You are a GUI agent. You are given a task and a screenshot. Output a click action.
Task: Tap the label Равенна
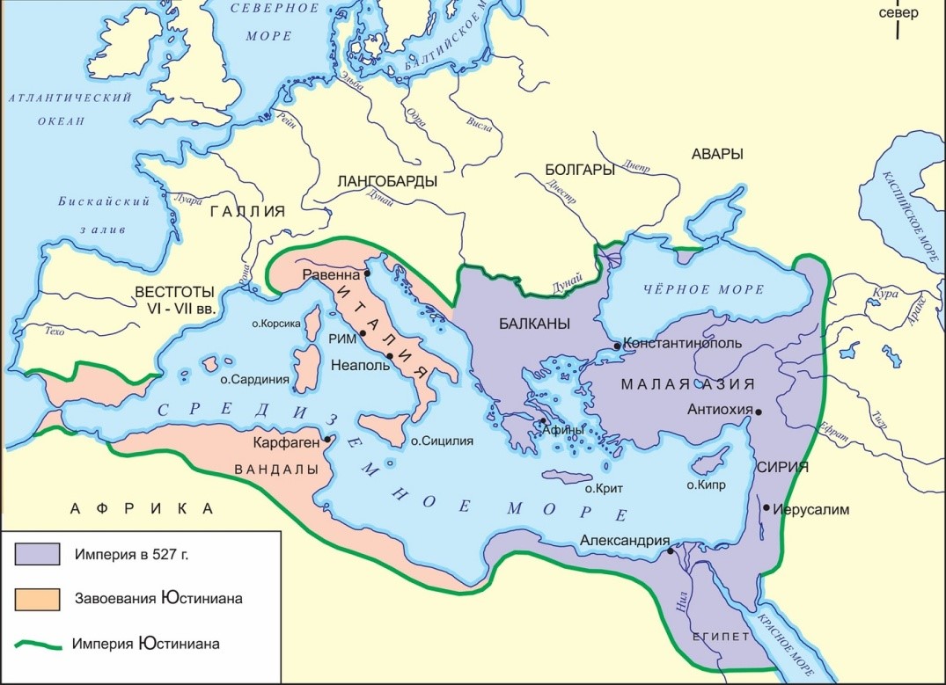click(x=332, y=274)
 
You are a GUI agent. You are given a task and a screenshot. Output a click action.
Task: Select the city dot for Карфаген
click(x=327, y=439)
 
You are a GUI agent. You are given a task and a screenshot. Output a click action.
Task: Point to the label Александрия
click(x=626, y=541)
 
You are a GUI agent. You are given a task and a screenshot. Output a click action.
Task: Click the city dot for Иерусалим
click(x=767, y=507)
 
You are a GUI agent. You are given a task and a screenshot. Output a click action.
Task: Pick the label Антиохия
click(x=719, y=410)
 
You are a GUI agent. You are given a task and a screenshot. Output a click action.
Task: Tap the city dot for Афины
click(x=543, y=429)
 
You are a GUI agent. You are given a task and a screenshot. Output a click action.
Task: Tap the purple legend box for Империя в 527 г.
click(x=37, y=555)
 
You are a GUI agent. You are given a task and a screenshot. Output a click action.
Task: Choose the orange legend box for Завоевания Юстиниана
click(x=37, y=598)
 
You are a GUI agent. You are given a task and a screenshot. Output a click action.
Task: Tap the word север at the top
click(x=897, y=13)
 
